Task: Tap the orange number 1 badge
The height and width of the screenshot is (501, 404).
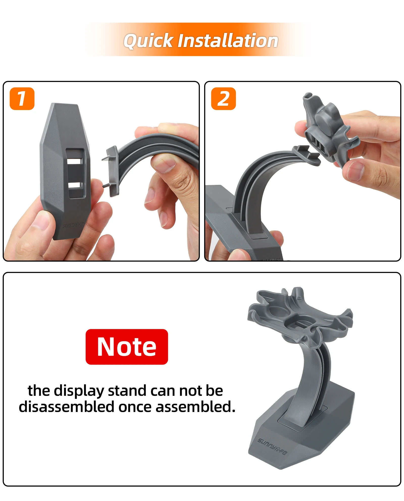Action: coord(22,99)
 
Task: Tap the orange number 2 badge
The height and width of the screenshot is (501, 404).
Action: coord(223,99)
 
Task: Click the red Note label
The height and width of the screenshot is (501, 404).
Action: coord(127,347)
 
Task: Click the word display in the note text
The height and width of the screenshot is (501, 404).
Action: coord(79,391)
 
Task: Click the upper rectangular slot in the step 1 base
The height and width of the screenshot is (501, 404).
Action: coord(75,161)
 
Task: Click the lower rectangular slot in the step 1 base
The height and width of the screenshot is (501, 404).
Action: coord(75,185)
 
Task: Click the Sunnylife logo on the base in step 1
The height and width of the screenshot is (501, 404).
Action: coord(72,225)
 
